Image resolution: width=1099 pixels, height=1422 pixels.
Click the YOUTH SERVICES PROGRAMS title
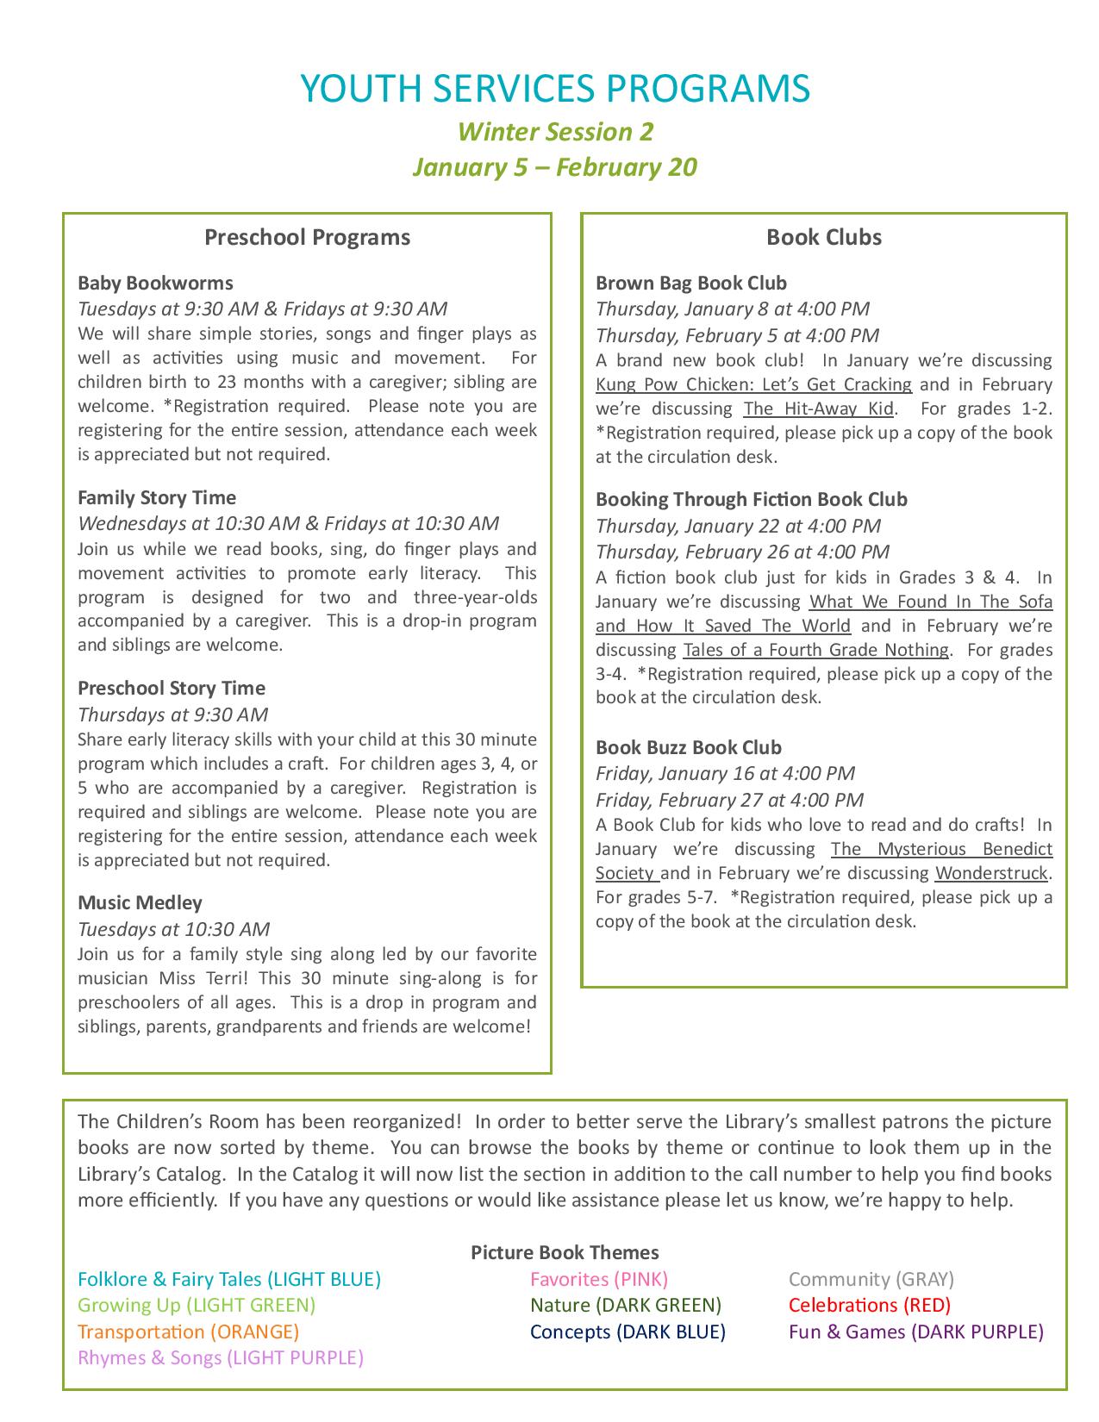click(555, 89)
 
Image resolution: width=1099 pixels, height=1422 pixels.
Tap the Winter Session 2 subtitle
click(555, 132)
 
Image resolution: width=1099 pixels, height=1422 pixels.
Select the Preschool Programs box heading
click(307, 237)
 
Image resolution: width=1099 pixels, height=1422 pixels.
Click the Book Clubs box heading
click(824, 237)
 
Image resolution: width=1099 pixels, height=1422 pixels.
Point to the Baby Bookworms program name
click(155, 283)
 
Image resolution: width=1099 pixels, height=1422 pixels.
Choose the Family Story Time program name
click(157, 497)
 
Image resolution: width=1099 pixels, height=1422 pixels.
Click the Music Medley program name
click(140, 902)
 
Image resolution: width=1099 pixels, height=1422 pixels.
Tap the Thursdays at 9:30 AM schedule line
click(172, 714)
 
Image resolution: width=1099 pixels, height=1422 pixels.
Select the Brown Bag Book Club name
click(691, 283)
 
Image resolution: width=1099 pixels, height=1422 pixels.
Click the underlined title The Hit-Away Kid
click(818, 409)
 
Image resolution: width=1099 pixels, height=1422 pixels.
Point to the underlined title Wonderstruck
click(991, 873)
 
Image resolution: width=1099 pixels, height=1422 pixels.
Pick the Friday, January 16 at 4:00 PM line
click(725, 773)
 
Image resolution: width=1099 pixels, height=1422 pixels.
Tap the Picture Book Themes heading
click(565, 1252)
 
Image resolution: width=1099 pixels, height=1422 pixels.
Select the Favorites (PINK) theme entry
click(599, 1279)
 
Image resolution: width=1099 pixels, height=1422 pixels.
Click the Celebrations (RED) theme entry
click(869, 1305)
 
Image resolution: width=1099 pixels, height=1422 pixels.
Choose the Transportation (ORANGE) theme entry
click(188, 1332)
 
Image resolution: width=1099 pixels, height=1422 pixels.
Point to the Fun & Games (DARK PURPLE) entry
click(915, 1332)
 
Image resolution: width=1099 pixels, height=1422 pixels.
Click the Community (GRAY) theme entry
click(871, 1279)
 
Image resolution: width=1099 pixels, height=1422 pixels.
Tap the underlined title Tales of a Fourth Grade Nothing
click(815, 650)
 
